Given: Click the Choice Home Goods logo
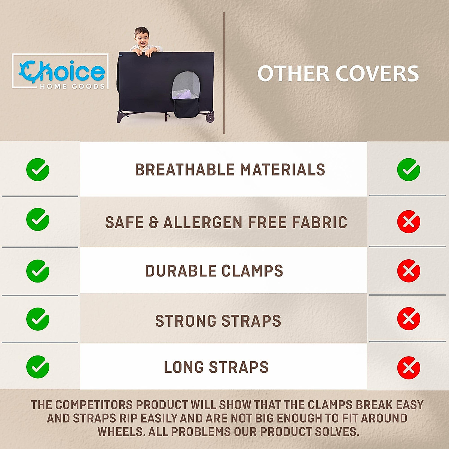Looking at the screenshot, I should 61,71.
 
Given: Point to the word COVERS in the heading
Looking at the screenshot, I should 377,73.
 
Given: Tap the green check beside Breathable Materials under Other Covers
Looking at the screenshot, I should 408,169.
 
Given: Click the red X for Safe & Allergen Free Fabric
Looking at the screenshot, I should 408,222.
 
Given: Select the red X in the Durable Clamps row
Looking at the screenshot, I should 408,271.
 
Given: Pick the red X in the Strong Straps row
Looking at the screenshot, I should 408,319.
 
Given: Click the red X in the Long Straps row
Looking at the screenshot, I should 408,367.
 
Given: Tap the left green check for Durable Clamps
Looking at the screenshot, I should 38,271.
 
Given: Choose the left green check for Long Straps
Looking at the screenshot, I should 38,367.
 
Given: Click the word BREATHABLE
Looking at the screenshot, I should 184,170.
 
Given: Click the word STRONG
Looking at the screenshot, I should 186,321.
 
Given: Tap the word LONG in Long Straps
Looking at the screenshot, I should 184,367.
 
